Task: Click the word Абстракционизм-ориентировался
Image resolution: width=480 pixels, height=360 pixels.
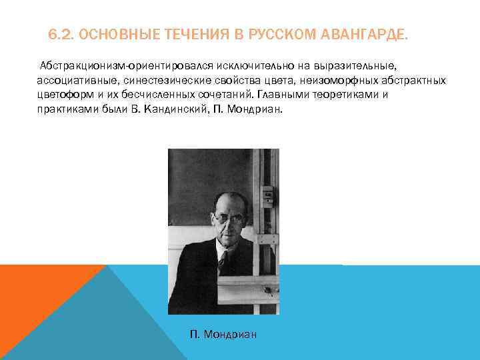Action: tap(117, 67)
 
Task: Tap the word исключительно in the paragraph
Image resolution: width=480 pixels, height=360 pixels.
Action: tap(230, 67)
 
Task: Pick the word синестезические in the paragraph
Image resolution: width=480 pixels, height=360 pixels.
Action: tap(155, 81)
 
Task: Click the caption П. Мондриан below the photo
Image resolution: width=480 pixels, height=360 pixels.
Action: tap(223, 334)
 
